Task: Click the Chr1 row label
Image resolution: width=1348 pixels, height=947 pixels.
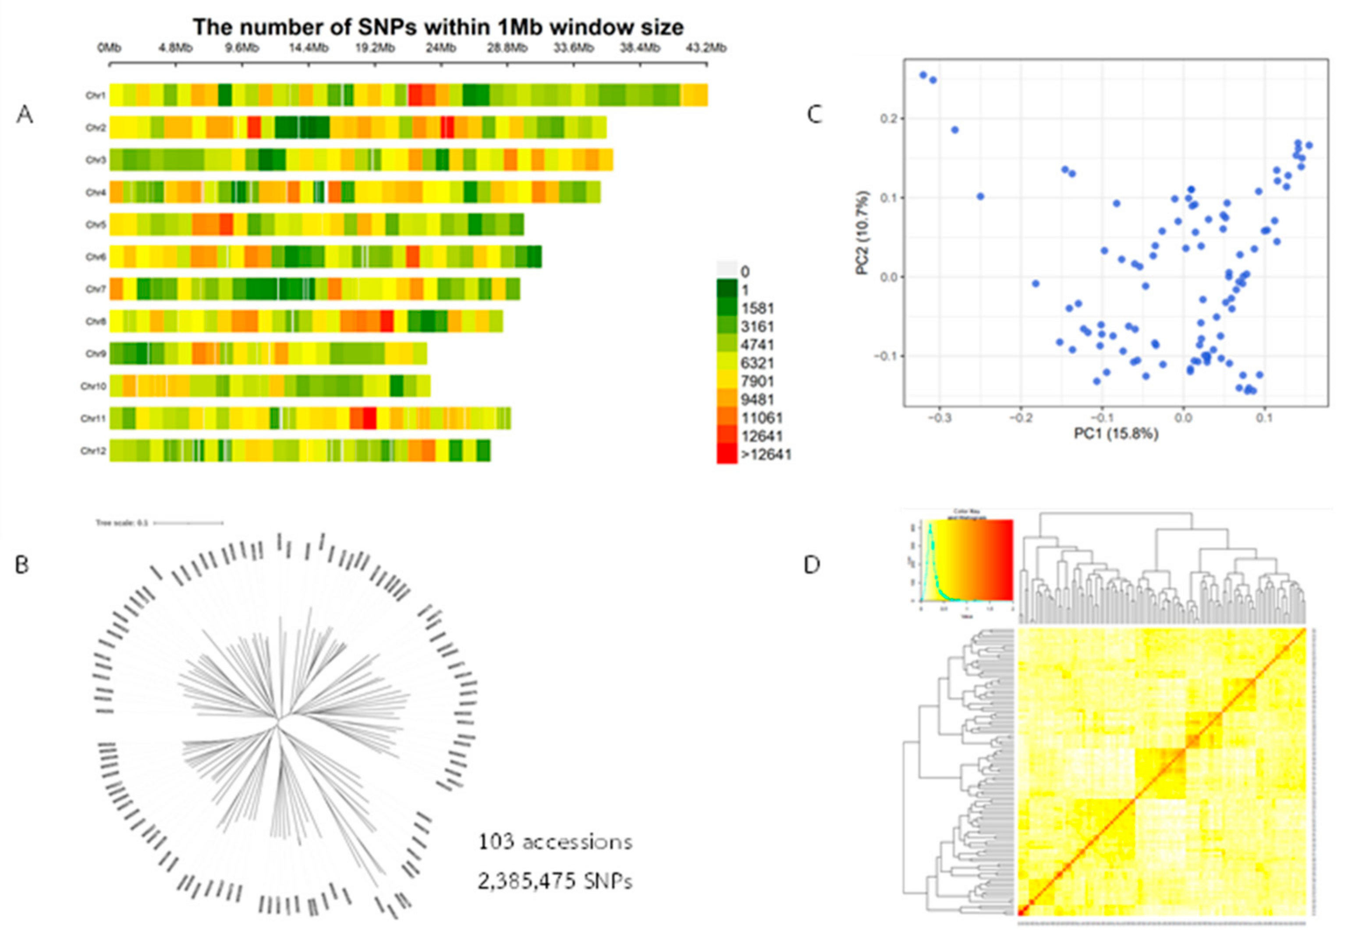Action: pyautogui.click(x=96, y=95)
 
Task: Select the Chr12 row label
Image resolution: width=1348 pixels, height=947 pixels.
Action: pyautogui.click(x=94, y=451)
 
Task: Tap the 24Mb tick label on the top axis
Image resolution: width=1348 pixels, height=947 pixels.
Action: pyautogui.click(x=440, y=48)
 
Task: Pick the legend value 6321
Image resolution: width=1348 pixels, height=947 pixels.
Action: pyautogui.click(x=757, y=363)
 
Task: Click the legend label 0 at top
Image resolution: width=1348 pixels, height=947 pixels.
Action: pyautogui.click(x=745, y=272)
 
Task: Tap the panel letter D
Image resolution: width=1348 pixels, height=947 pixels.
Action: pyautogui.click(x=812, y=565)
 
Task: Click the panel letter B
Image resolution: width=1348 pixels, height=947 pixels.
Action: pyautogui.click(x=22, y=565)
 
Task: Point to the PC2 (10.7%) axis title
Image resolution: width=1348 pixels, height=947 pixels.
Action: pyautogui.click(x=862, y=233)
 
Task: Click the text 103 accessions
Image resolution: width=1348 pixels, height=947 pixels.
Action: pyautogui.click(x=555, y=842)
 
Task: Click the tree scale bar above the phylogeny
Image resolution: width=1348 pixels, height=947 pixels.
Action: pyautogui.click(x=188, y=522)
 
